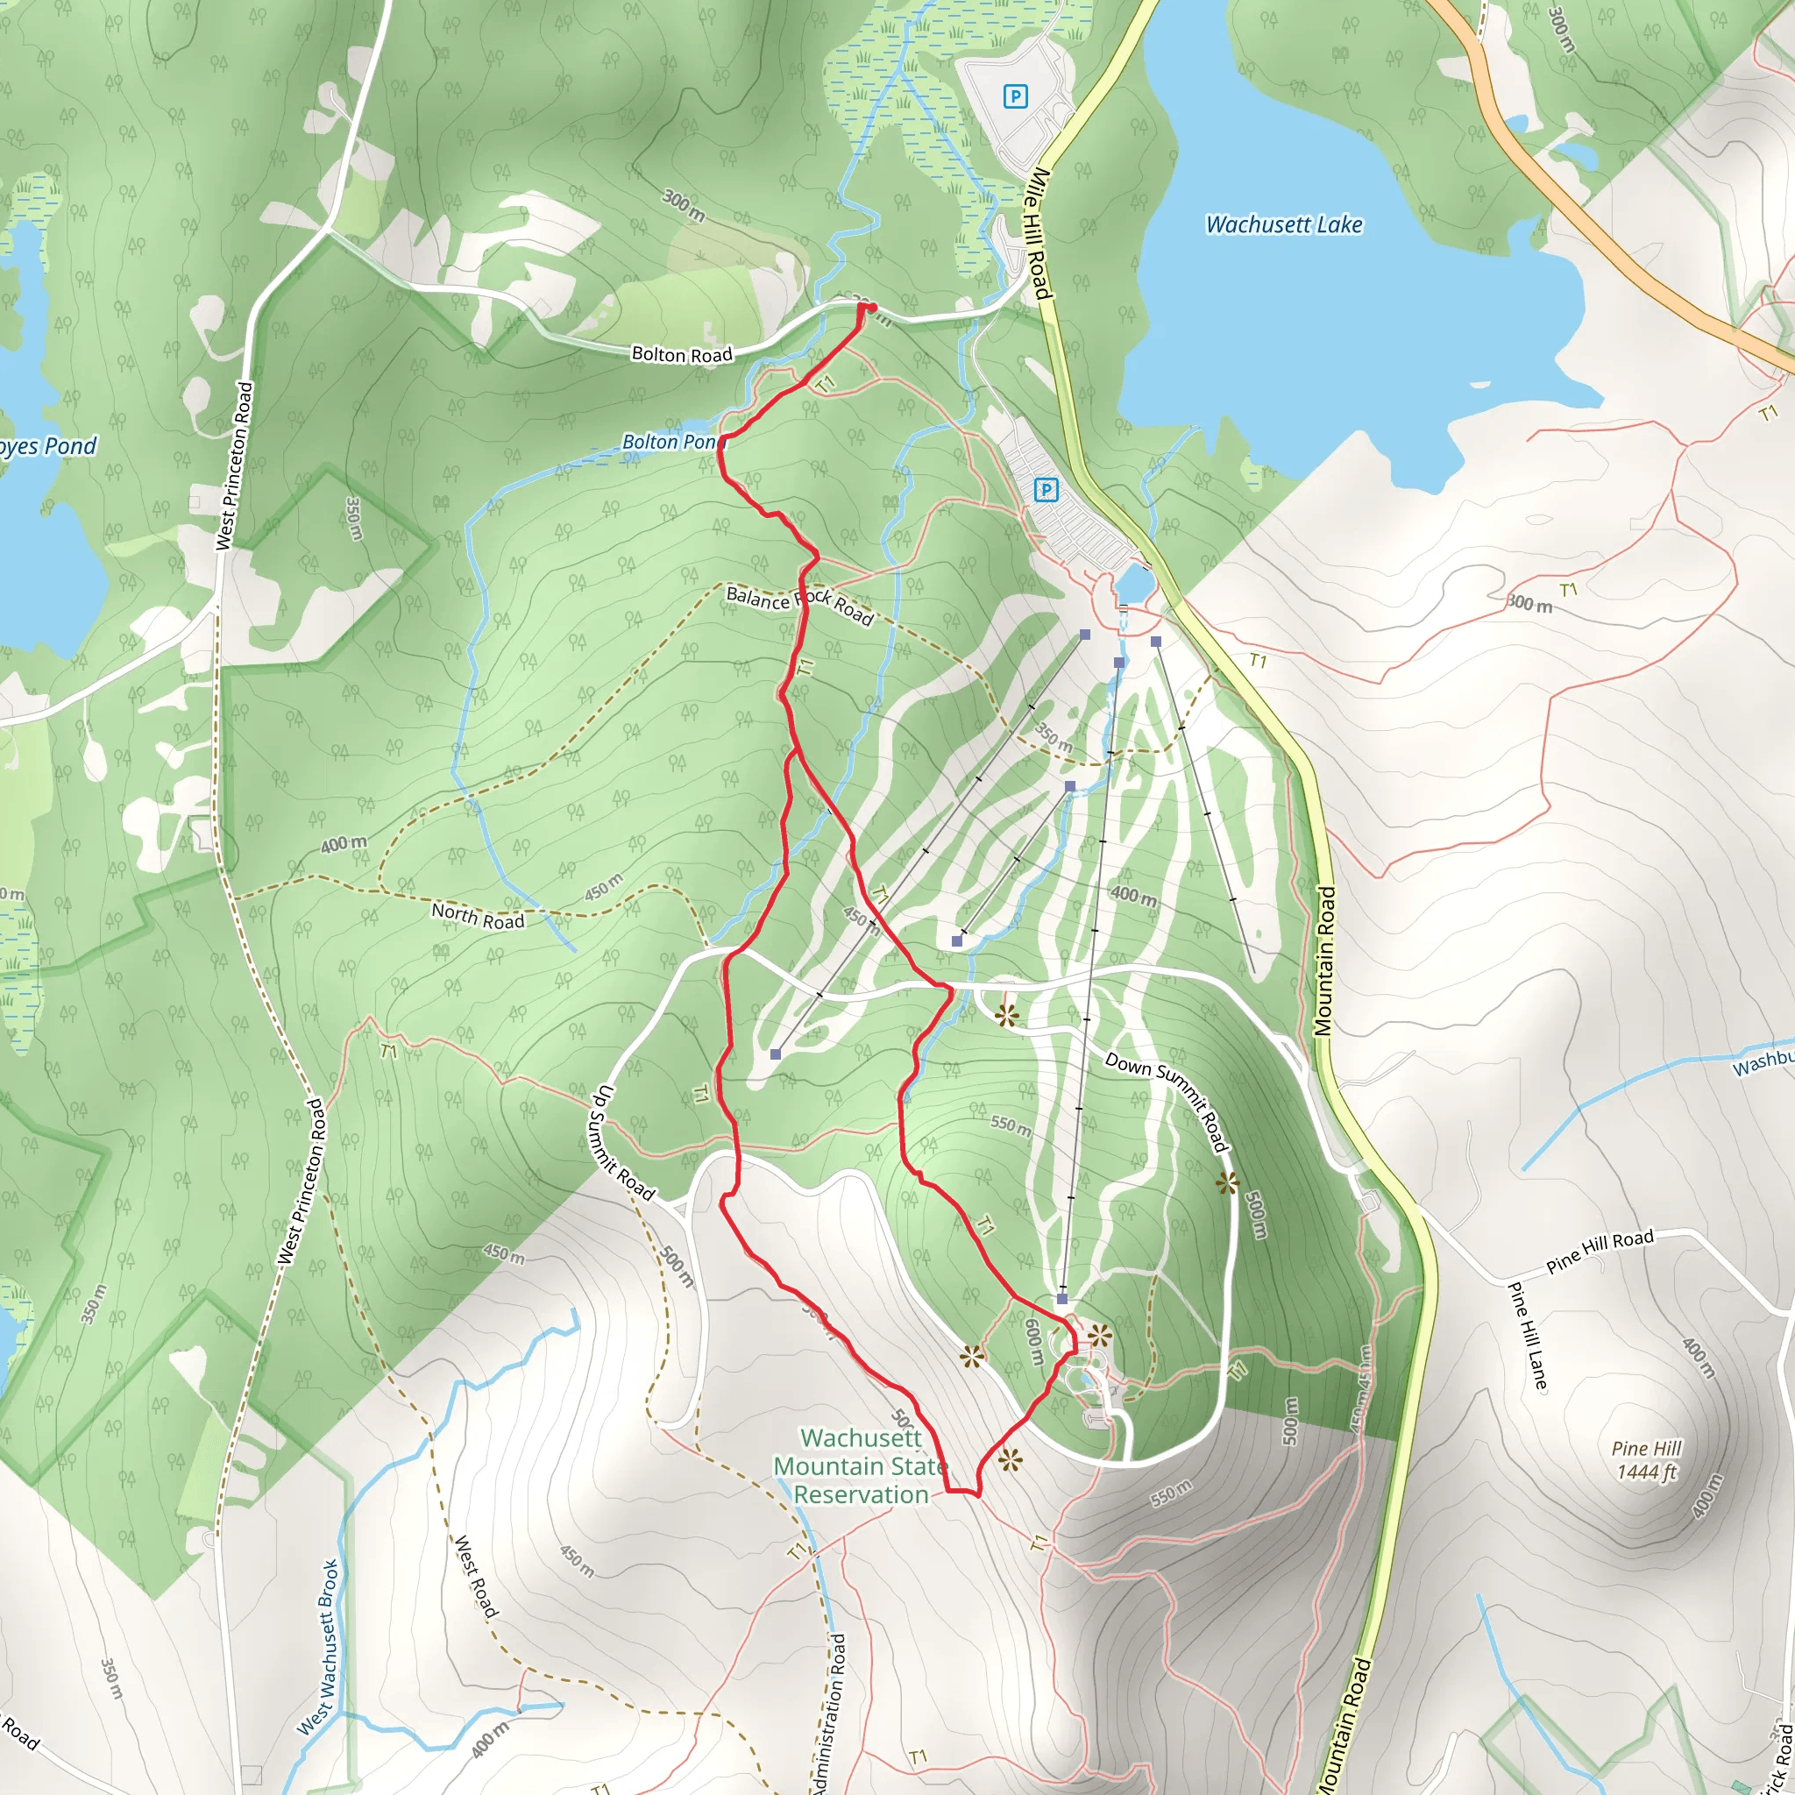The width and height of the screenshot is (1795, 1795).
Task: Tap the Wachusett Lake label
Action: coord(1283,225)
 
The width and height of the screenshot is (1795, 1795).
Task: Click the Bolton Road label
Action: coord(681,354)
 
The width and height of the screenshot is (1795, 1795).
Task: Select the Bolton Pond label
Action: coord(672,443)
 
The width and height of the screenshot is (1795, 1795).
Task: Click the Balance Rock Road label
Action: coord(799,605)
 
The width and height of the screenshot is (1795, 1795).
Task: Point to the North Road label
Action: coord(478,916)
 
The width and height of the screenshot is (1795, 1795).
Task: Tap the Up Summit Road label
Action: coord(623,1142)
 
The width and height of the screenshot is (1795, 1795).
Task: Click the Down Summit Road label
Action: coord(1167,1101)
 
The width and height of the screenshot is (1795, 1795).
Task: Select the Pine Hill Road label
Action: coord(1600,1251)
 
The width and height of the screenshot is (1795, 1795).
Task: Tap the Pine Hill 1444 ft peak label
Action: coord(1645,1459)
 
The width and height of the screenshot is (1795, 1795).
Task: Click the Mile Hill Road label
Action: coord(1038,234)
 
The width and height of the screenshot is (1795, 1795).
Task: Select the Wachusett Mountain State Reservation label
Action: coord(861,1465)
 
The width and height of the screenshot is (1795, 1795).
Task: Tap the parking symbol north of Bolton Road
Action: coord(1016,96)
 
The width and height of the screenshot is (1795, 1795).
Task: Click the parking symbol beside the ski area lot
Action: coord(1046,490)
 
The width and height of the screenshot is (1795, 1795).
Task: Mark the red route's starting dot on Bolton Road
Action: coord(871,308)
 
